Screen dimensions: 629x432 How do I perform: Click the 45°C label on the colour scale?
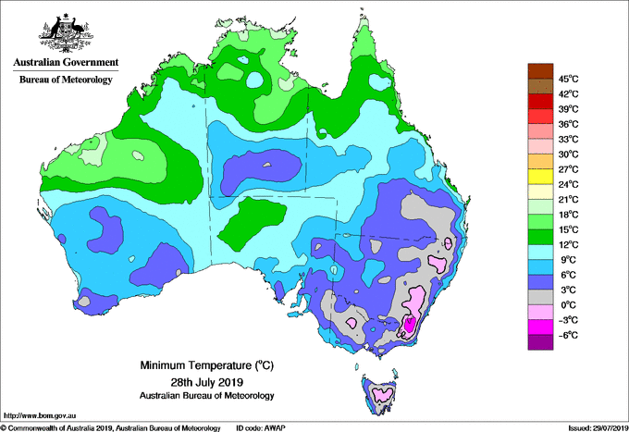click(x=569, y=79)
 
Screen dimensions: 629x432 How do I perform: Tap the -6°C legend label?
click(x=569, y=335)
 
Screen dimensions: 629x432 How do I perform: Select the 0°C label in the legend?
click(x=569, y=305)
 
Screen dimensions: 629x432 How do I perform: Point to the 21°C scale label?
click(x=569, y=200)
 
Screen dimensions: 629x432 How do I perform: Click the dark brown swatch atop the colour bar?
click(x=540, y=71)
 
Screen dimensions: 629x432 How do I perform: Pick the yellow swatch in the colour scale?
click(x=540, y=177)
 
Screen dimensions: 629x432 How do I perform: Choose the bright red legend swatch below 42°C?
click(x=540, y=101)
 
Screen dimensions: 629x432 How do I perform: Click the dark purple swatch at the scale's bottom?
click(x=540, y=342)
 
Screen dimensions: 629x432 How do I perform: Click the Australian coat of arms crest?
click(x=66, y=33)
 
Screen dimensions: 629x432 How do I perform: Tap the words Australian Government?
click(x=66, y=62)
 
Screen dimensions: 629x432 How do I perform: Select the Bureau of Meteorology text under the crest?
click(x=66, y=80)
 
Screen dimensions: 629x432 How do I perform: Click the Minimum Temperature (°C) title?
click(x=206, y=365)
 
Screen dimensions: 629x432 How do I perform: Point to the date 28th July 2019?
click(x=206, y=381)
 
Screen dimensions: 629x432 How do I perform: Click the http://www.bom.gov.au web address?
click(x=40, y=416)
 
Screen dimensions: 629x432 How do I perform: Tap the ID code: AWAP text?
click(x=261, y=428)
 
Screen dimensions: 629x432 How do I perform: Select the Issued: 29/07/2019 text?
click(x=598, y=428)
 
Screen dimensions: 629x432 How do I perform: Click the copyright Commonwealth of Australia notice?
click(x=111, y=428)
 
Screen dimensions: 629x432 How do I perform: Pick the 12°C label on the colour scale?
click(x=569, y=245)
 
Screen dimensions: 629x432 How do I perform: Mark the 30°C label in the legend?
click(x=569, y=154)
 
